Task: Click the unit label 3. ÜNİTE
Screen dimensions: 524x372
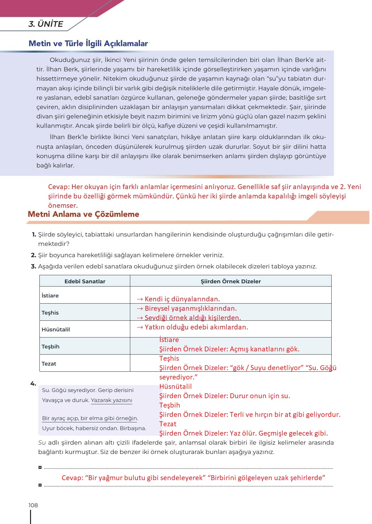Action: (46, 24)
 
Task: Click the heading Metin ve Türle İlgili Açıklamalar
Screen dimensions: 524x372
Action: (88, 44)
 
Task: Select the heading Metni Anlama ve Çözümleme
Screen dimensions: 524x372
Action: (83, 214)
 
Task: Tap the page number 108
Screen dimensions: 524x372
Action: (33, 505)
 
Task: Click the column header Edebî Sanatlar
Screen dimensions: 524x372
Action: (85, 281)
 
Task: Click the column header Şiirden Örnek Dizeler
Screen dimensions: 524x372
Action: (230, 281)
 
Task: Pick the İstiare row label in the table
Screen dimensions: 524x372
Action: (50, 296)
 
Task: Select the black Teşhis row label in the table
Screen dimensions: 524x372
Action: (50, 313)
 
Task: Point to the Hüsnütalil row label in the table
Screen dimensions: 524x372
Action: (56, 329)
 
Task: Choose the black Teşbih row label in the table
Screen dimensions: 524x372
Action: (50, 347)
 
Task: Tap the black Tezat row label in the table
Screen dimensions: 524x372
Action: (49, 364)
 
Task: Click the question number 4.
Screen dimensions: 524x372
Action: (33, 383)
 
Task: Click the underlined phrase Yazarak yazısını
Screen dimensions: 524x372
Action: (112, 400)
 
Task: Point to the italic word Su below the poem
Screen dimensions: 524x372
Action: (42, 443)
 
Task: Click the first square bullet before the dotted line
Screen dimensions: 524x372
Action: (40, 467)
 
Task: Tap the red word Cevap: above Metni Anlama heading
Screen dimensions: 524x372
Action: (58, 187)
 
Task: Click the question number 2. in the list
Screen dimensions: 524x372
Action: (33, 255)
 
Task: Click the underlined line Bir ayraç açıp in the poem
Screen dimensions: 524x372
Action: (90, 418)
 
